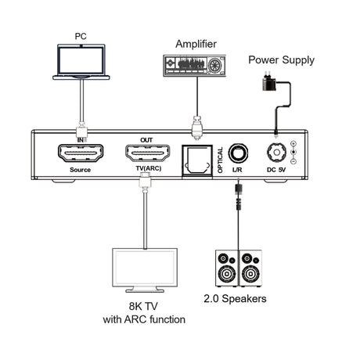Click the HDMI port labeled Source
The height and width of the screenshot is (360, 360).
tap(81, 153)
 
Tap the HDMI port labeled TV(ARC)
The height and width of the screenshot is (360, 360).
tap(146, 153)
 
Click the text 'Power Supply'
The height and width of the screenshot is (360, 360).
tap(281, 59)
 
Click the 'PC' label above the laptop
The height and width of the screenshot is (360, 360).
tap(81, 36)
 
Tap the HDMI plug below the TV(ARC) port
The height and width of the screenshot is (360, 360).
tap(145, 182)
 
